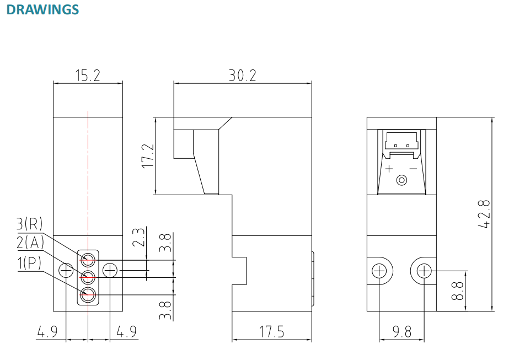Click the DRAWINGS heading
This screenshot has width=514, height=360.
[x=42, y=10]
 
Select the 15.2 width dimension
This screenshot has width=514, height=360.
[x=88, y=76]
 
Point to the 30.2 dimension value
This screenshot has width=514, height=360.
[x=243, y=76]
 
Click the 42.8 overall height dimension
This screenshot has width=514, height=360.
[x=484, y=214]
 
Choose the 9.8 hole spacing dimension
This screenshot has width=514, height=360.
[x=402, y=331]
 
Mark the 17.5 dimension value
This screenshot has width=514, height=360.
[x=272, y=331]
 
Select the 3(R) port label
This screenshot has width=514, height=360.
[x=30, y=223]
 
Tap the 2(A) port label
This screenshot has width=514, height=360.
[x=30, y=243]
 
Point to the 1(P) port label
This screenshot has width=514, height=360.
[x=30, y=263]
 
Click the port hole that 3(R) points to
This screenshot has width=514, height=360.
[x=88, y=259]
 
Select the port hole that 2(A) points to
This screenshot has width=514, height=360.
[x=88, y=276]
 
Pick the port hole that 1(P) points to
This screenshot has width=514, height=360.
[x=88, y=294]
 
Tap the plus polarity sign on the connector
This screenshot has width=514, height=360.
[x=389, y=168]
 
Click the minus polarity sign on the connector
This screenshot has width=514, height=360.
[x=413, y=168]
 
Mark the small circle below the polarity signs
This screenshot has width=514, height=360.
[x=402, y=180]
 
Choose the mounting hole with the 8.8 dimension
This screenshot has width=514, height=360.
[x=424, y=271]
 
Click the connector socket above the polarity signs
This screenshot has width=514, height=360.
[x=402, y=141]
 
